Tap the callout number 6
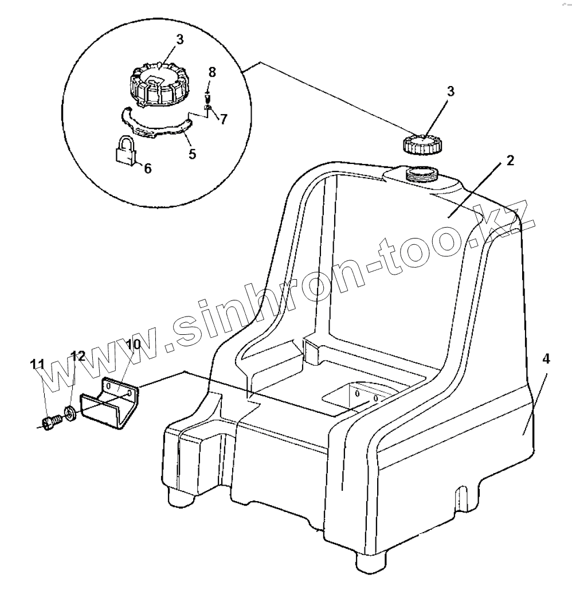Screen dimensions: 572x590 click(147, 169)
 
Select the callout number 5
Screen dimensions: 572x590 click(193, 154)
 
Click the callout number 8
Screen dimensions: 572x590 click(212, 72)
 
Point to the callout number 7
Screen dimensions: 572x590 click(224, 119)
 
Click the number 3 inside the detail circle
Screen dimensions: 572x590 click(179, 40)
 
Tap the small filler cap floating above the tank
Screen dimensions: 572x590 click(422, 144)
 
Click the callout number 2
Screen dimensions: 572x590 click(510, 160)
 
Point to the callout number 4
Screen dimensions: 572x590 click(546, 360)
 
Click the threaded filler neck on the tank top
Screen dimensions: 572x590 click(421, 173)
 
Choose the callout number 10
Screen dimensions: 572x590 click(132, 345)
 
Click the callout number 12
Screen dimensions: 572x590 click(77, 356)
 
